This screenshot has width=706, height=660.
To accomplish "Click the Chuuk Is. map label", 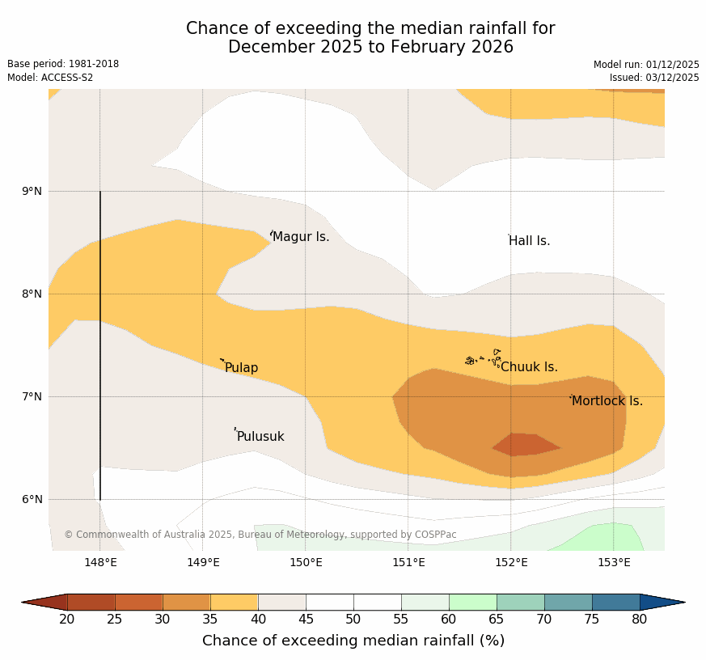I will (529, 367).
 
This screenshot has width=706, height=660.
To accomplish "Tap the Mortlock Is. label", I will (607, 401).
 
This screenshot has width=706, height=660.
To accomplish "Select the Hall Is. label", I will (529, 241).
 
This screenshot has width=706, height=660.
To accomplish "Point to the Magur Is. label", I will (301, 237).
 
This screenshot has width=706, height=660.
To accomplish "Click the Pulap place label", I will (241, 368).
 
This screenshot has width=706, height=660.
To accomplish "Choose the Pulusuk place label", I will (260, 437).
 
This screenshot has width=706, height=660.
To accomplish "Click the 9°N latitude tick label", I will (32, 192).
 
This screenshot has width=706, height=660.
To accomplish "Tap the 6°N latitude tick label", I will (32, 500).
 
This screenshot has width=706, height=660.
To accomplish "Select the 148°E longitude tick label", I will (100, 563).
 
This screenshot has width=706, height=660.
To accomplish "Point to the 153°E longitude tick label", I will (614, 563).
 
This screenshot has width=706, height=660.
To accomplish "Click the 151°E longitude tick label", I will (408, 563).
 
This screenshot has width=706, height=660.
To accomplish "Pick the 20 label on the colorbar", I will (67, 620).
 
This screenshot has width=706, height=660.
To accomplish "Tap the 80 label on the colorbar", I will (640, 620).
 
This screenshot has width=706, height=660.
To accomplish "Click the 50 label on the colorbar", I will (353, 620).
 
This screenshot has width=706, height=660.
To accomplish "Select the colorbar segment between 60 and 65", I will (472, 602).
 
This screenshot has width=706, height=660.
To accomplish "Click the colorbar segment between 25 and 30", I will (138, 602).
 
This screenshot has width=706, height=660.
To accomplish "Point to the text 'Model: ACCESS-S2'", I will (50, 78).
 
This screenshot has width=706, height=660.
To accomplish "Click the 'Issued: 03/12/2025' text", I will (654, 78).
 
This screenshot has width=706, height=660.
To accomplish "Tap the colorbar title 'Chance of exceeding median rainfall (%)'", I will (353, 641).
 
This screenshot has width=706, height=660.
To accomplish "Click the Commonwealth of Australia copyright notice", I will (260, 535).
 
